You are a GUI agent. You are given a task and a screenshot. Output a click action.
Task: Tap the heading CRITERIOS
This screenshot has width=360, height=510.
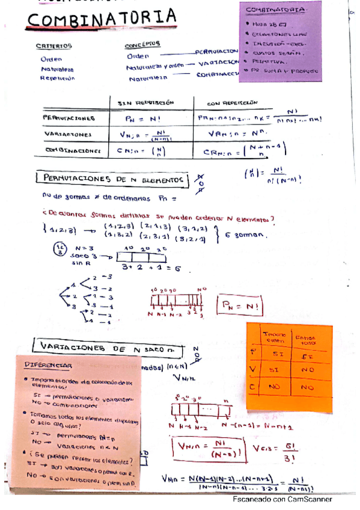click(x=53, y=46)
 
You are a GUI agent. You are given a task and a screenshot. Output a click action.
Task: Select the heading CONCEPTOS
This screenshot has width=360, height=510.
click(x=142, y=45)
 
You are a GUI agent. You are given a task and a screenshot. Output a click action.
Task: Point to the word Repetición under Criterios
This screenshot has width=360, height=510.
click(x=58, y=78)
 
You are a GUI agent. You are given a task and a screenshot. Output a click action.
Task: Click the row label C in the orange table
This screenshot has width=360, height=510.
click(x=253, y=388)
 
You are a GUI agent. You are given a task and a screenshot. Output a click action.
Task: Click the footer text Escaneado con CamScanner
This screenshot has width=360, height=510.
click(x=282, y=499)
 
